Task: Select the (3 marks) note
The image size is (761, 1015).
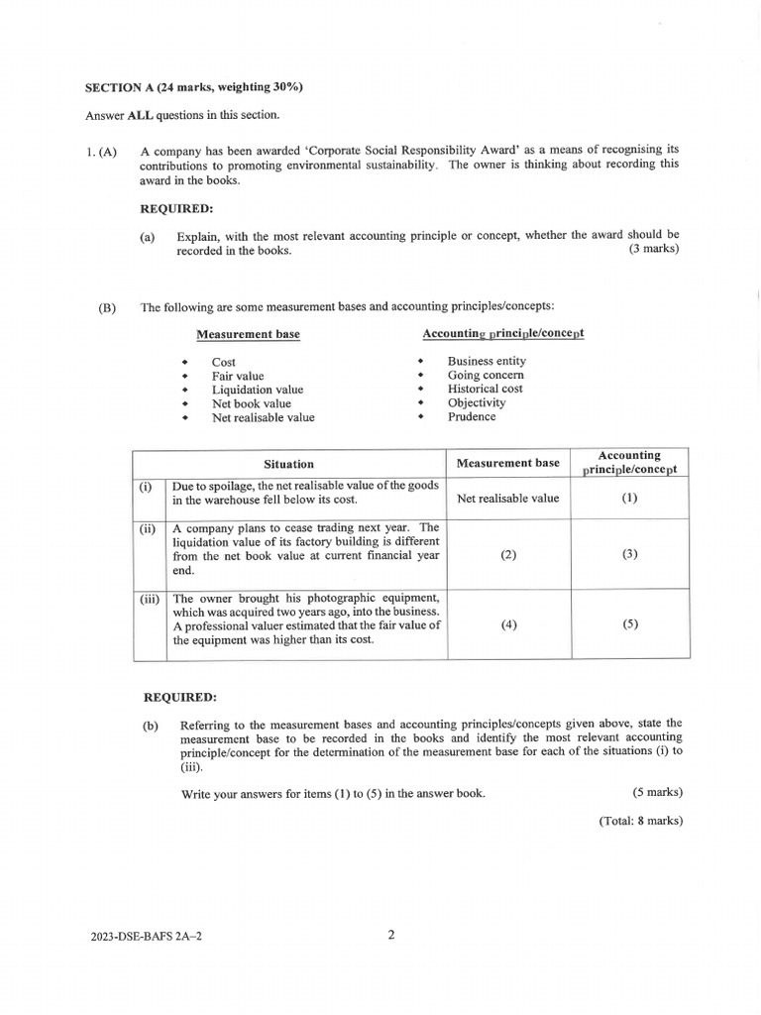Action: tap(654, 250)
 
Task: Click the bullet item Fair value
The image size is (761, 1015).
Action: tap(238, 377)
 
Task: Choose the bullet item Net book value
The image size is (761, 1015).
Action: tap(252, 404)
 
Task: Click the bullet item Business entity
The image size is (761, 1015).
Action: tap(487, 362)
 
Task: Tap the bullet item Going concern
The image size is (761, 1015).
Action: tap(486, 376)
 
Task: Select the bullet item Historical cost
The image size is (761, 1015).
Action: tap(485, 390)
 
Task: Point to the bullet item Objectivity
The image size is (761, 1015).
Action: tap(476, 403)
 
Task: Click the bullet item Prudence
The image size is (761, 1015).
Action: tap(472, 417)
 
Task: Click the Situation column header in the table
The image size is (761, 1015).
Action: tap(288, 464)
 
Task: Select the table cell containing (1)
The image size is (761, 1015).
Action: tap(629, 499)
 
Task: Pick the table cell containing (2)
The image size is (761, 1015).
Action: tap(508, 555)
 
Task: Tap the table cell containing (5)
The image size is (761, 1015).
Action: tap(629, 624)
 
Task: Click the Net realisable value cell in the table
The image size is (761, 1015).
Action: tap(508, 499)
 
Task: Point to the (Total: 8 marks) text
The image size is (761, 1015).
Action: tap(640, 821)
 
